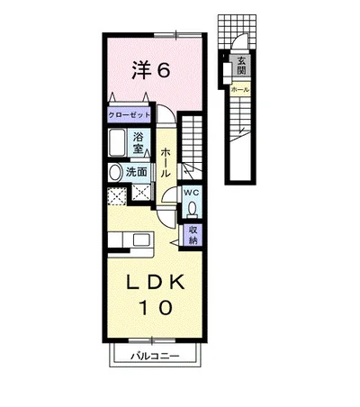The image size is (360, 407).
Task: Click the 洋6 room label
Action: (x=151, y=70)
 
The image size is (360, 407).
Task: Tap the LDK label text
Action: (x=155, y=283)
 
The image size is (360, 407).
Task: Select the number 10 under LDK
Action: (x=156, y=307)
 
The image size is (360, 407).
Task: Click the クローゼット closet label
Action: (x=129, y=115)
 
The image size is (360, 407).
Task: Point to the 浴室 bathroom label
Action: (x=138, y=142)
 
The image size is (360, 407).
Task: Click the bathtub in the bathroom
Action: (x=117, y=142)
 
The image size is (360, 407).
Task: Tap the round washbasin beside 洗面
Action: (x=114, y=173)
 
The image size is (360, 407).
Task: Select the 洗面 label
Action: (x=136, y=172)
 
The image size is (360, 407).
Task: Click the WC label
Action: (x=192, y=193)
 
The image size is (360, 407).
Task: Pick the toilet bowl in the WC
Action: (x=193, y=209)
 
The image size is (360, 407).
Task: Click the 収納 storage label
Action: (x=193, y=235)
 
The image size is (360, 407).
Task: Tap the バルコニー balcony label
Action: (x=155, y=357)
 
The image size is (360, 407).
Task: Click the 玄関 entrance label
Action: (x=241, y=66)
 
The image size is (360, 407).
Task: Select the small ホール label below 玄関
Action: (x=240, y=89)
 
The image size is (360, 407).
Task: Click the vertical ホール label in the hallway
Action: (x=166, y=162)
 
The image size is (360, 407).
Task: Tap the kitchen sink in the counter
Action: (x=141, y=240)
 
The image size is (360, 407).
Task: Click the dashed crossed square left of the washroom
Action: (x=117, y=196)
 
